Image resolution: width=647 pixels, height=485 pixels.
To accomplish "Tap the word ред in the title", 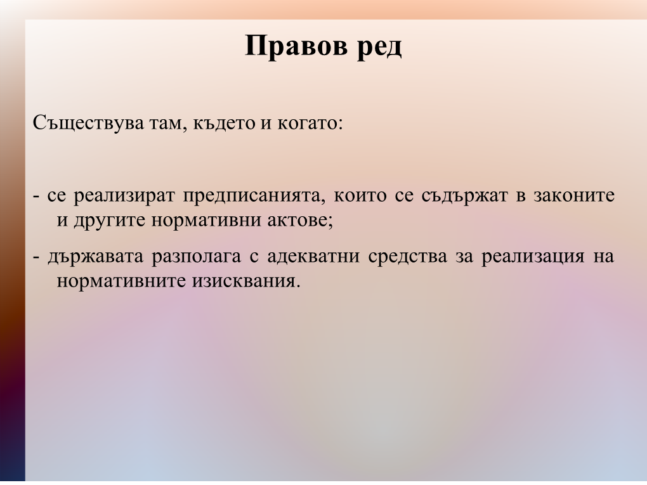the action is click(379, 48).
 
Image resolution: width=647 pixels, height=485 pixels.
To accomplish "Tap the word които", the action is click(360, 195).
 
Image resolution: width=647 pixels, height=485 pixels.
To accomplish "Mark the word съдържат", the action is click(464, 196).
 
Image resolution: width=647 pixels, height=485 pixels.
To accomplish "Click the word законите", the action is click(574, 195).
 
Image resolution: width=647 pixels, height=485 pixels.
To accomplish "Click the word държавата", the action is click(96, 257).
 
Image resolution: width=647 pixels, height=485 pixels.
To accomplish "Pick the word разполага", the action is click(197, 257).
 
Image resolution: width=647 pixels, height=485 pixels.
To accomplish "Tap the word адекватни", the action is click(313, 257).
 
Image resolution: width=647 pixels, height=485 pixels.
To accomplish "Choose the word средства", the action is click(408, 257).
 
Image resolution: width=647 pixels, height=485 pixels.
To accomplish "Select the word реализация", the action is click(533, 257).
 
